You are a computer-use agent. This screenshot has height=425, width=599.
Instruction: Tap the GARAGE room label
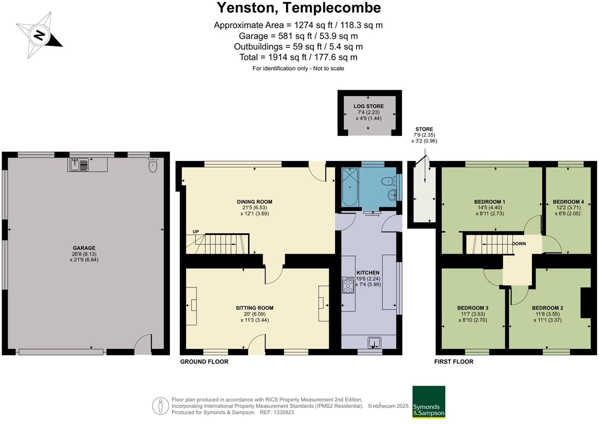tap(84, 248)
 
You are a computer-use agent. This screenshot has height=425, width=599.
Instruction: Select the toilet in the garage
tap(153, 165)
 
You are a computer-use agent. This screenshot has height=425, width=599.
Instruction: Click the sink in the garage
tap(79, 164)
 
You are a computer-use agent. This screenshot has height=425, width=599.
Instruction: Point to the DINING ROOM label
tap(255, 202)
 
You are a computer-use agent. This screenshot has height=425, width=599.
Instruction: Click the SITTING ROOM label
tap(255, 308)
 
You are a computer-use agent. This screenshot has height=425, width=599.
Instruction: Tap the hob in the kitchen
tap(348, 285)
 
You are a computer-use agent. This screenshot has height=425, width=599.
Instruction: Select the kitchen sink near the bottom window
tap(374, 343)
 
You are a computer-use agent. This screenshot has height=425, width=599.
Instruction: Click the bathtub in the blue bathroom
tap(350, 187)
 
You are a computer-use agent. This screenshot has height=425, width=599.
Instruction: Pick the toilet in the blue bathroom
tap(389, 181)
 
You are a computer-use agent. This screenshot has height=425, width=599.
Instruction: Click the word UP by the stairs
tap(196, 232)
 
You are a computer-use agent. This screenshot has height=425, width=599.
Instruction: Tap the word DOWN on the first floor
tap(519, 243)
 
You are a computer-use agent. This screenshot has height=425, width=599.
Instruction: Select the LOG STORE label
tap(368, 106)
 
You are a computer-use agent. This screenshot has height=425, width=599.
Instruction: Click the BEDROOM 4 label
tap(568, 202)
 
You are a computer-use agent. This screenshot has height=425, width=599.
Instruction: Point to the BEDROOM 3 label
tap(473, 308)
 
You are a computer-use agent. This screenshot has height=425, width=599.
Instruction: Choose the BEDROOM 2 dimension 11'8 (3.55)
tap(548, 314)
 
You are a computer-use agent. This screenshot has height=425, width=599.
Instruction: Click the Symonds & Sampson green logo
tap(429, 402)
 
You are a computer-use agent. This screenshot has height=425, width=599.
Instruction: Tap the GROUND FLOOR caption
tap(204, 361)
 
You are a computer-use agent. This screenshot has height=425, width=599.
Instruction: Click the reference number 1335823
tap(284, 412)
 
